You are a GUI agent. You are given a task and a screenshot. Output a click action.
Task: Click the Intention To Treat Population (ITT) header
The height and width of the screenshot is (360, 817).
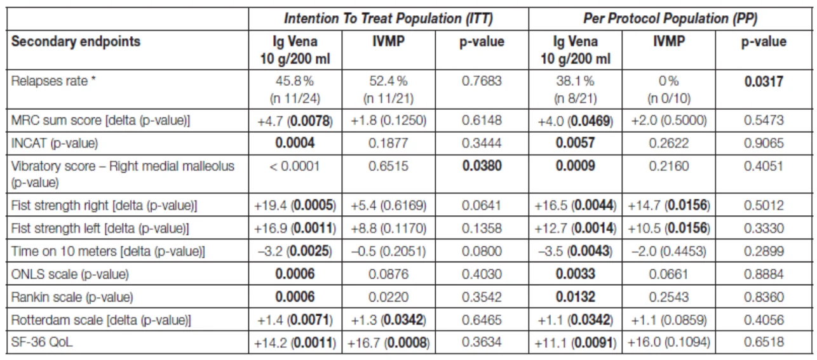click(388, 18)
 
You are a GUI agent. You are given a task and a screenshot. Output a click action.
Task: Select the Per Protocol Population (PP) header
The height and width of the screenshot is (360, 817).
click(670, 18)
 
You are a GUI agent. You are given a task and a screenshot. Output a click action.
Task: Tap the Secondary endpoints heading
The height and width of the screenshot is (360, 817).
click(76, 41)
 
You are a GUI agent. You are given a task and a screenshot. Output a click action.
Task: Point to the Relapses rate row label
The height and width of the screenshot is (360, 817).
click(53, 81)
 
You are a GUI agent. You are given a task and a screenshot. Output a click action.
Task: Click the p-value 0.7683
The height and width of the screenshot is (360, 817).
click(482, 81)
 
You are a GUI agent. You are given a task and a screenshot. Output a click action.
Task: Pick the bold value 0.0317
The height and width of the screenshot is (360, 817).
click(764, 81)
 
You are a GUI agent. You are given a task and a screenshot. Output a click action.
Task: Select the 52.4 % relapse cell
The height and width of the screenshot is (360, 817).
click(388, 90)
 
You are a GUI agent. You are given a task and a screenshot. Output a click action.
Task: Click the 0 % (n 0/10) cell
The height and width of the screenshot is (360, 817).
click(669, 90)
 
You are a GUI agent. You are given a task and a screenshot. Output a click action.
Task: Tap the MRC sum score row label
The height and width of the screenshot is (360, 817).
click(100, 121)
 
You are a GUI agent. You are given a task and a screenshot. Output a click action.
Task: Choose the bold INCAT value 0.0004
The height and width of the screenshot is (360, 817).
click(295, 143)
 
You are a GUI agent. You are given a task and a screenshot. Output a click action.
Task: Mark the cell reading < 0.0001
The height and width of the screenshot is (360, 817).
click(295, 166)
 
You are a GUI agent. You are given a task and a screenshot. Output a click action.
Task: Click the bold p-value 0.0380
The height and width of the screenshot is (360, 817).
click(482, 166)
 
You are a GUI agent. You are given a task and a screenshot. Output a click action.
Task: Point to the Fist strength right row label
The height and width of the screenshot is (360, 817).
click(104, 206)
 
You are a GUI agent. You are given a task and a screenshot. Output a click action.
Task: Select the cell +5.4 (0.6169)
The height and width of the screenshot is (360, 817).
click(388, 206)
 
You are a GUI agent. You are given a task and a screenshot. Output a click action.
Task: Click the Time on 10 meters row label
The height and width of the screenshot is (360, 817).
click(108, 251)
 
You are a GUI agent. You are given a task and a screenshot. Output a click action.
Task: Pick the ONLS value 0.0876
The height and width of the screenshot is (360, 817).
click(388, 274)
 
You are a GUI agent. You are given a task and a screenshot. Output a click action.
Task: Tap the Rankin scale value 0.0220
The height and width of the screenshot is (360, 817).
click(388, 297)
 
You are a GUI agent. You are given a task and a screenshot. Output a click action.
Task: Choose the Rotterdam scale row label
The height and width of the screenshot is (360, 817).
click(101, 320)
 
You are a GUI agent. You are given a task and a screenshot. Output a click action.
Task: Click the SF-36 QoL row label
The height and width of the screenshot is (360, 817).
click(42, 342)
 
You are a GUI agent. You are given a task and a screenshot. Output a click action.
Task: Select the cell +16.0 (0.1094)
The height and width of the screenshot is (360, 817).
click(669, 342)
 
